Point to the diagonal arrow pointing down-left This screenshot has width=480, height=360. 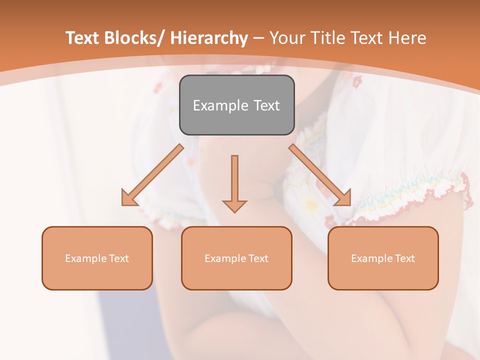pos(153,175)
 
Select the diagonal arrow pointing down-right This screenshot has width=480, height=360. pos(320,175)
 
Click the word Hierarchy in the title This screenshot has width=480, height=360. pos(209,38)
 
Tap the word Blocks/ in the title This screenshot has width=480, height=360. pos(130,38)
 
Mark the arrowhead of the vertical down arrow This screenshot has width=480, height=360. pos(234,206)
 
